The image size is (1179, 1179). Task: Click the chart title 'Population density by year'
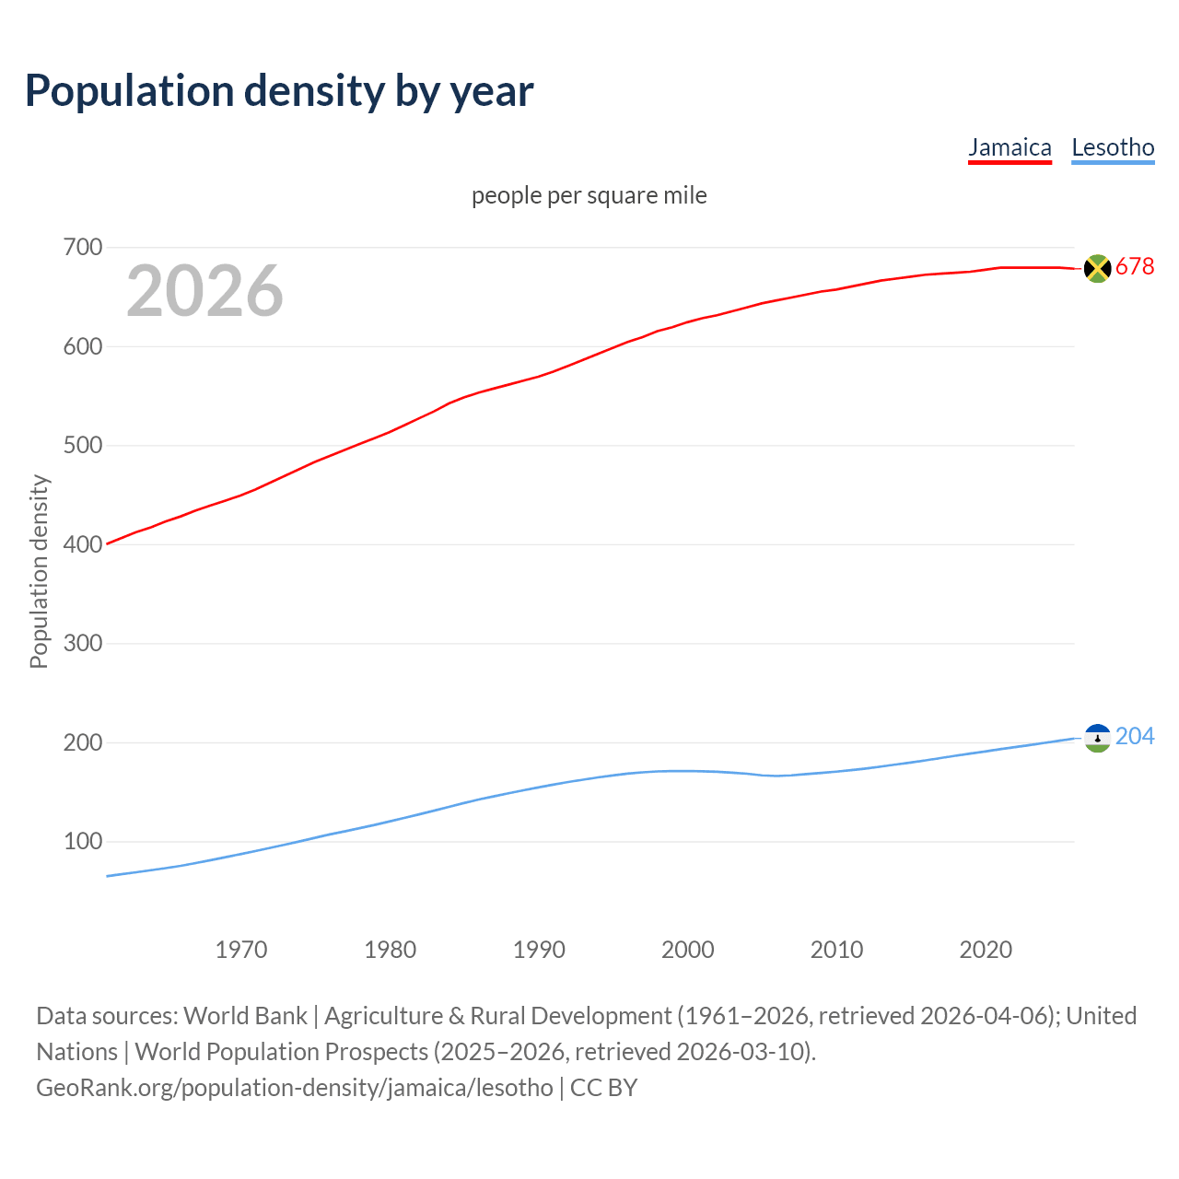[x=279, y=91]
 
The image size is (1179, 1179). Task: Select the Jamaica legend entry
[x=1010, y=147]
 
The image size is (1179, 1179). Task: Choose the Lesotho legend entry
[x=1113, y=147]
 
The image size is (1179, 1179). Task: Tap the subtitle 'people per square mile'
[x=589, y=195]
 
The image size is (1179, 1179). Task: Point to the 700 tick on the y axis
[x=83, y=247]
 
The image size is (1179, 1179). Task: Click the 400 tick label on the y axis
[x=83, y=544]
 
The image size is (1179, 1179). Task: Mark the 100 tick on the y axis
[x=83, y=841]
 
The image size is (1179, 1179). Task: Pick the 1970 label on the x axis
[x=241, y=950]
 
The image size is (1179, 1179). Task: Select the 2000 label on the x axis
[x=688, y=950]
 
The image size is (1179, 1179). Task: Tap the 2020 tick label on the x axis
[x=986, y=950]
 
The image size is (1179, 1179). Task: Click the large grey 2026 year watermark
[x=204, y=291]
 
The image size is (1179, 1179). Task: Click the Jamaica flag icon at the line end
[x=1097, y=268]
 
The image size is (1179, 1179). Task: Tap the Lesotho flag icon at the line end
[x=1097, y=738]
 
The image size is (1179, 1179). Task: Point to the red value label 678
[x=1135, y=267]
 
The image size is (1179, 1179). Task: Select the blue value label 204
[x=1135, y=736]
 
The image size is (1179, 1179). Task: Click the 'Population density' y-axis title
[x=39, y=571]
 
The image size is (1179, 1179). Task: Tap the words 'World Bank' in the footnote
[x=245, y=1016]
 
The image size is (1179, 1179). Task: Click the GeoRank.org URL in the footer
[x=295, y=1088]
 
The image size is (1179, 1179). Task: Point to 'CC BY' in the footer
[x=603, y=1088]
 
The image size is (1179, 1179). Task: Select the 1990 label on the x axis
[x=539, y=950]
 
